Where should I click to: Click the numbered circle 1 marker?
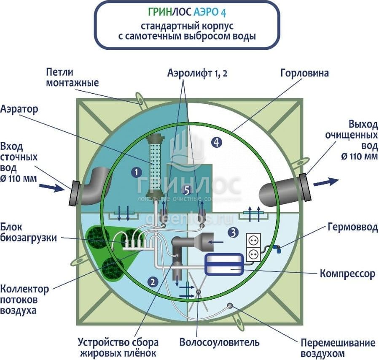pyautogui.click(x=136, y=172)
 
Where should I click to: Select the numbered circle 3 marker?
pyautogui.click(x=233, y=232)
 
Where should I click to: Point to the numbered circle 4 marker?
pyautogui.click(x=216, y=143)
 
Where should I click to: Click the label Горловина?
pyautogui.click(x=304, y=73)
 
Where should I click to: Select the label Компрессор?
pyautogui.click(x=347, y=274)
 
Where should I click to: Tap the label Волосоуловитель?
pyautogui.click(x=219, y=341)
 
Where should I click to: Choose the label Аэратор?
pyautogui.click(x=19, y=109)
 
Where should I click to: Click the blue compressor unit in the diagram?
pyautogui.click(x=223, y=265)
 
